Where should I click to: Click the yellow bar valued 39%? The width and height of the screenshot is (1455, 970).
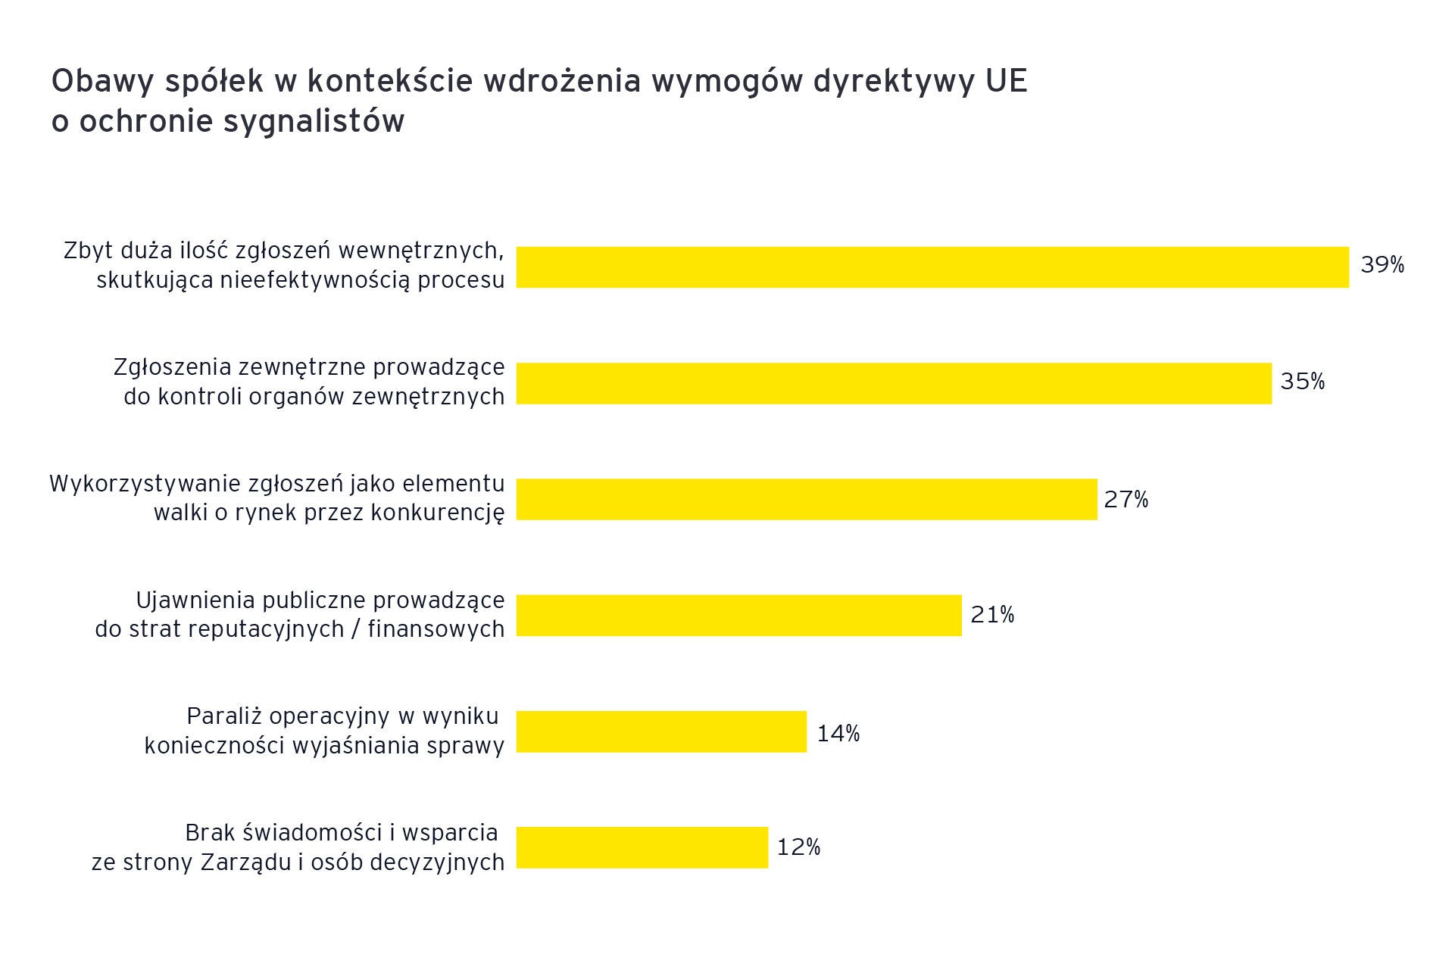(932, 267)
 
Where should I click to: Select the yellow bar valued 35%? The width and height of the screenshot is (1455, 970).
(894, 383)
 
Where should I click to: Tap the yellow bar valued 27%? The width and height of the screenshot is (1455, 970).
(807, 499)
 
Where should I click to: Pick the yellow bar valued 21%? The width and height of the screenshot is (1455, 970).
(738, 615)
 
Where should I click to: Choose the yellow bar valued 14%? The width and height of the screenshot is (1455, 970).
(661, 731)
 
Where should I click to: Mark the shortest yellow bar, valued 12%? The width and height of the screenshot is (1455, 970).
(642, 847)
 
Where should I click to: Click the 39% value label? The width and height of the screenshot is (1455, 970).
(1382, 265)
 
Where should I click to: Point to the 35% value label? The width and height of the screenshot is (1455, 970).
(1303, 382)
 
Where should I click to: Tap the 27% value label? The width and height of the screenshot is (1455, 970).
(1126, 500)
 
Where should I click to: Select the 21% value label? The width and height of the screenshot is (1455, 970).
(992, 615)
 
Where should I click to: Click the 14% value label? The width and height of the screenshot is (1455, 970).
(838, 733)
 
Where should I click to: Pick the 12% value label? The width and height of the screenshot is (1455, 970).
(799, 847)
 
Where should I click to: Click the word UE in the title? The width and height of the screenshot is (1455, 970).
(1007, 82)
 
